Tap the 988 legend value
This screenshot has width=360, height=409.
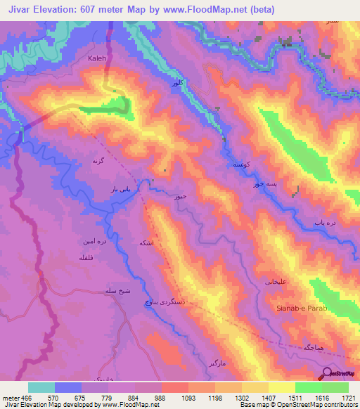click(x=160, y=397)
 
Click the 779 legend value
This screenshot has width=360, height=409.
click(x=107, y=397)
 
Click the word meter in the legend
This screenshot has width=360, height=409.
click(x=11, y=397)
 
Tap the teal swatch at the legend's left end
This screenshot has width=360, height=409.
click(x=41, y=387)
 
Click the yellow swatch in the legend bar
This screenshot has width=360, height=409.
click(x=282, y=387)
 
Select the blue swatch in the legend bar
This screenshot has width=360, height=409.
click(x=68, y=387)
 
